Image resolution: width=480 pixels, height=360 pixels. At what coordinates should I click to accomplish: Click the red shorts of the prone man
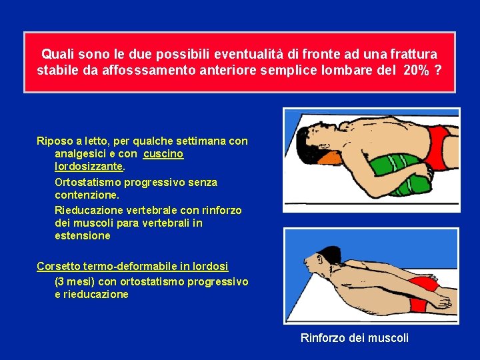419,303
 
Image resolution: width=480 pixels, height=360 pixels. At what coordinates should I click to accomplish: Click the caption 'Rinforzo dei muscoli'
355,338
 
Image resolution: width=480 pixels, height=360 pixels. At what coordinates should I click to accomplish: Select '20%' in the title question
417,71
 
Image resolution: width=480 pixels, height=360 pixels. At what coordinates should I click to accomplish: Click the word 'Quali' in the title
57,54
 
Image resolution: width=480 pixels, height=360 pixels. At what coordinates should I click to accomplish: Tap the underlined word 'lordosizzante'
89,167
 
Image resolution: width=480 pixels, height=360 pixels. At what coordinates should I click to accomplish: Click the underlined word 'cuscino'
163,154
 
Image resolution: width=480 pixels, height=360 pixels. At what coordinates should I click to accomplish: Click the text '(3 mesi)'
75,281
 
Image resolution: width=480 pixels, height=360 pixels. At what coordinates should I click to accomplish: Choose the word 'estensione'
83,236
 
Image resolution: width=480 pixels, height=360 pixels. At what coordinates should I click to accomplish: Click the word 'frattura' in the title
416,54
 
